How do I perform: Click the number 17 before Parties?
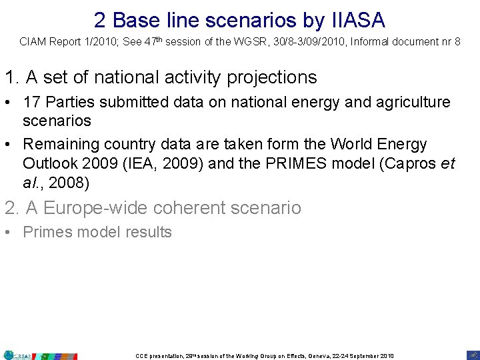click(31, 103)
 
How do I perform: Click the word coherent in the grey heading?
click(191, 208)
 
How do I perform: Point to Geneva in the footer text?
click(318, 355)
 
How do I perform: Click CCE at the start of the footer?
click(141, 355)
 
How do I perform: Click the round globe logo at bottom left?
click(9, 355)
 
